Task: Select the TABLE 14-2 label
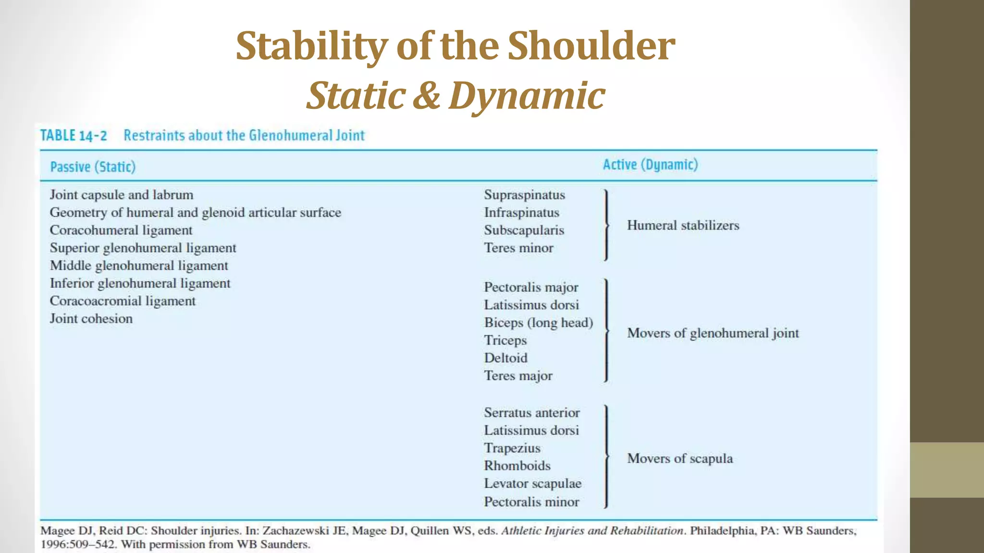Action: pyautogui.click(x=74, y=135)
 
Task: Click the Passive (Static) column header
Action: pyautogui.click(x=93, y=167)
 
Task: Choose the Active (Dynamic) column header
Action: pyautogui.click(x=650, y=165)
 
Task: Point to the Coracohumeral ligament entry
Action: pyautogui.click(x=121, y=230)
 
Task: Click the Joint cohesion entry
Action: pyautogui.click(x=91, y=319)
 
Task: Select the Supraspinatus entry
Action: pyautogui.click(x=524, y=195)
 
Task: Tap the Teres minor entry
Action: pyautogui.click(x=518, y=248)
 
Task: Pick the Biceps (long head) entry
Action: pyautogui.click(x=538, y=323)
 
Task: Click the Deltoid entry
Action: pyautogui.click(x=505, y=358)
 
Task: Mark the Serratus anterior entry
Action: pyautogui.click(x=531, y=413)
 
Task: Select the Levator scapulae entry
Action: pyautogui.click(x=532, y=483)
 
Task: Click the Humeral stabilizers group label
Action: pyautogui.click(x=683, y=226)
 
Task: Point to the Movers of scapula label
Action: pyautogui.click(x=680, y=458)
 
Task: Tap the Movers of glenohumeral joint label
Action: pyautogui.click(x=713, y=333)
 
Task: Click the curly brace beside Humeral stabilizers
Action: pyautogui.click(x=606, y=225)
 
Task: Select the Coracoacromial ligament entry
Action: pyautogui.click(x=123, y=301)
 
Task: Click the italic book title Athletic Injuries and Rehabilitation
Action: pyautogui.click(x=592, y=530)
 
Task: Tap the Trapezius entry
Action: pyautogui.click(x=512, y=448)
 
